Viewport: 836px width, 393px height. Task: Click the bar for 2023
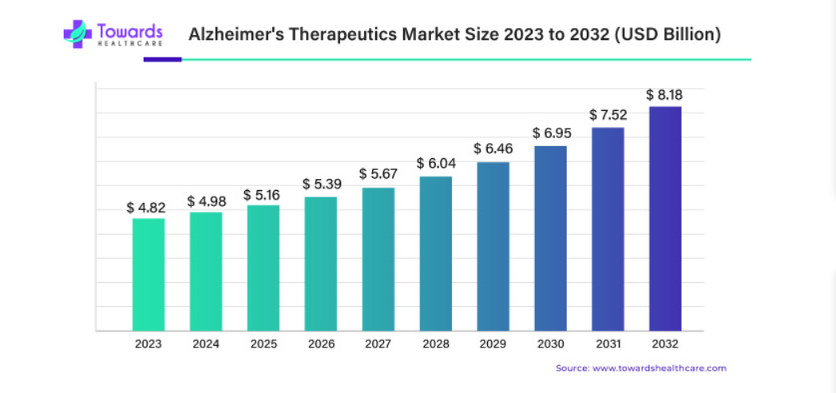pyautogui.click(x=149, y=274)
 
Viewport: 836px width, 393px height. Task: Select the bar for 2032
pyautogui.click(x=665, y=218)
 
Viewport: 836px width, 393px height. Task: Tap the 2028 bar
pyautogui.click(x=436, y=253)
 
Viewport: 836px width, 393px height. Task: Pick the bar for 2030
pyautogui.click(x=551, y=238)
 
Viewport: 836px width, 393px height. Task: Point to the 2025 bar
pyautogui.click(x=263, y=268)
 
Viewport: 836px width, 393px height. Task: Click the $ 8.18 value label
pyautogui.click(x=665, y=95)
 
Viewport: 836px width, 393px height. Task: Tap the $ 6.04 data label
pyautogui.click(x=436, y=164)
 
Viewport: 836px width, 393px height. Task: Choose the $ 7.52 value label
pyautogui.click(x=608, y=115)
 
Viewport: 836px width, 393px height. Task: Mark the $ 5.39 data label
pyautogui.click(x=322, y=185)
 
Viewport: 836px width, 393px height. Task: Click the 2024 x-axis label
pyautogui.click(x=206, y=344)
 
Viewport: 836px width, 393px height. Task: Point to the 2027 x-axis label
pyautogui.click(x=378, y=344)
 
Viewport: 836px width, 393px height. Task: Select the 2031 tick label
pyautogui.click(x=608, y=344)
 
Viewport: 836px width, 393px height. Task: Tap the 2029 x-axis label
pyautogui.click(x=493, y=344)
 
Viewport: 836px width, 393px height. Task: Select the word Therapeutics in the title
pyautogui.click(x=336, y=34)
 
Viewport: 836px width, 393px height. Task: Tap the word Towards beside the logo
pyautogui.click(x=131, y=30)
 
